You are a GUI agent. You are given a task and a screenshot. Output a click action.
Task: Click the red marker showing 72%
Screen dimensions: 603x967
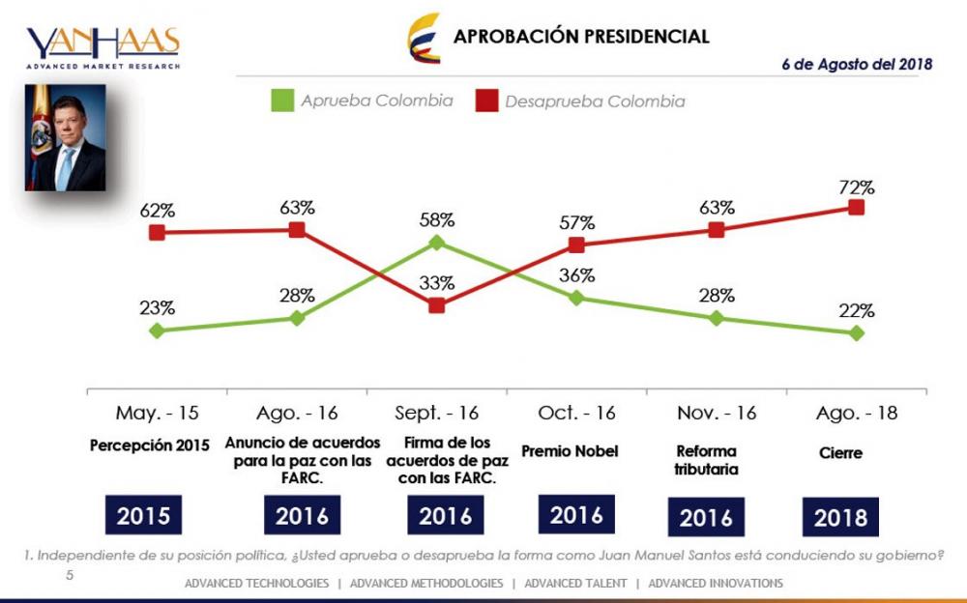point(856,207)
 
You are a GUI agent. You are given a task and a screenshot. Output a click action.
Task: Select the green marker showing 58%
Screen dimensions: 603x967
point(436,243)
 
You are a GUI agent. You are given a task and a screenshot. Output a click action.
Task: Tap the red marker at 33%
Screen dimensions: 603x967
point(436,305)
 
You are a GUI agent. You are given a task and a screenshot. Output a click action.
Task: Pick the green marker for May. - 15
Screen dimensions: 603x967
point(157,330)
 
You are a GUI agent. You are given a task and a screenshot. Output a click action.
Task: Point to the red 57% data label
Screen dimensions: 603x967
point(576,222)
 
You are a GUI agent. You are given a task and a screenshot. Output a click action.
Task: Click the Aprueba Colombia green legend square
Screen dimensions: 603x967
point(281,100)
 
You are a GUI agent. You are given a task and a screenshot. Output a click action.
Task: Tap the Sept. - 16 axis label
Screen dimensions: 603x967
point(436,414)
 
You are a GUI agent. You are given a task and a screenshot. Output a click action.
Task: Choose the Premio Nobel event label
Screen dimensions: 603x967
point(576,451)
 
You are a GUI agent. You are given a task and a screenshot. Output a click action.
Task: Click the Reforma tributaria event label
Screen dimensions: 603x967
point(707,459)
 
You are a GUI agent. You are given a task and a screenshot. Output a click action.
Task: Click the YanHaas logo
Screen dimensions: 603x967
point(103,46)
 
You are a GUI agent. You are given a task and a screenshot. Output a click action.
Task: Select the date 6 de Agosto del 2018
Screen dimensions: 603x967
point(857,64)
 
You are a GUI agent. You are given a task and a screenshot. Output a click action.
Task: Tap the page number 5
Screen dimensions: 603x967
point(70,575)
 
